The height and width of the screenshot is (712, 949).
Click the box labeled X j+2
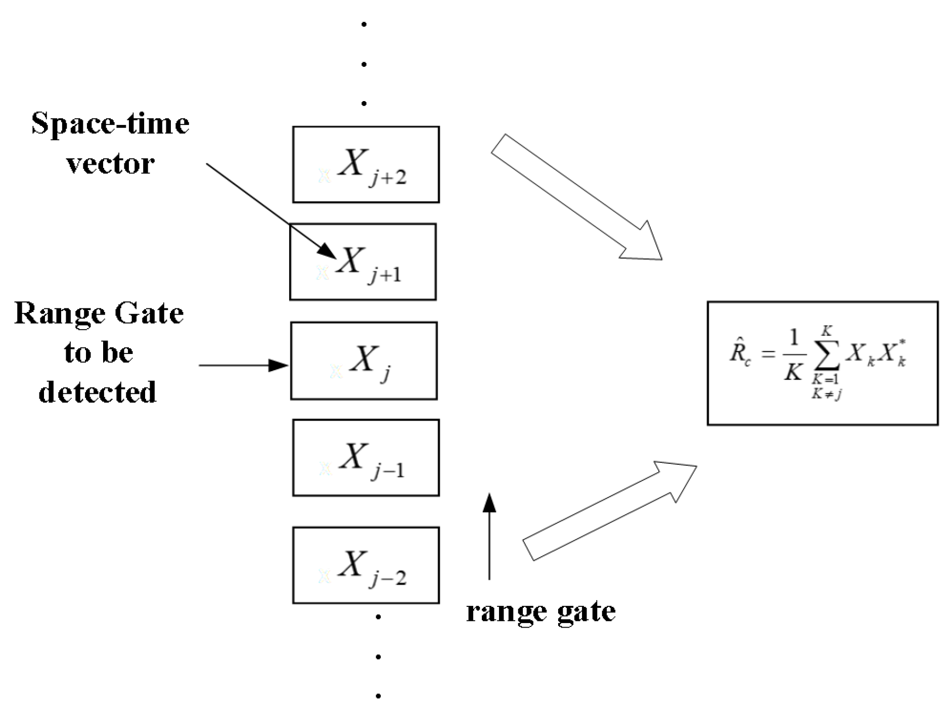pos(366,164)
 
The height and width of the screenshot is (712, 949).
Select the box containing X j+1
pos(363,261)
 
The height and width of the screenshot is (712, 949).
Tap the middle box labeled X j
pos(364,361)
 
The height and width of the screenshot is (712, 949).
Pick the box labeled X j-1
pos(366,457)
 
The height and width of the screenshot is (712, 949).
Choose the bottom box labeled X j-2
pos(366,565)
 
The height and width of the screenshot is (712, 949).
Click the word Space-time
pos(110,124)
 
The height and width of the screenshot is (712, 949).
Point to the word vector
pos(110,163)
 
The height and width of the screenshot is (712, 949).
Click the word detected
pos(98,392)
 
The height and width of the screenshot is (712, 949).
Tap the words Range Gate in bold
pos(99,314)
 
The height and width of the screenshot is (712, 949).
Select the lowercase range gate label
pos(540,612)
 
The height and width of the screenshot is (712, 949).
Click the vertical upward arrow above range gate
pos(489,536)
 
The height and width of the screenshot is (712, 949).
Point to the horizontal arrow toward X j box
pos(243,365)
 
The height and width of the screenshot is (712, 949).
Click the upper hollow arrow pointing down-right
pos(576,197)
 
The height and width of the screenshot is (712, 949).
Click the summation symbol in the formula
pos(827,355)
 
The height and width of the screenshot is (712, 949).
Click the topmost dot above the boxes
pos(364,24)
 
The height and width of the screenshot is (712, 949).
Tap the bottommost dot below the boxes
pos(378,696)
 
